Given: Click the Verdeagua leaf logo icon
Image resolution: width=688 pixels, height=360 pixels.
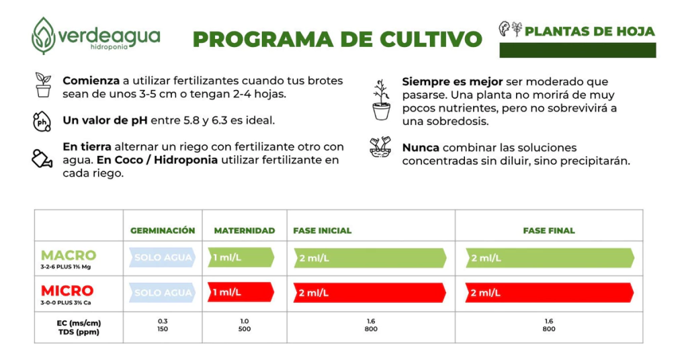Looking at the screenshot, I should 44,35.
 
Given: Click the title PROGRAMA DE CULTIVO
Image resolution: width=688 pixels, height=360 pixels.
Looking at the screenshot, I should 337,39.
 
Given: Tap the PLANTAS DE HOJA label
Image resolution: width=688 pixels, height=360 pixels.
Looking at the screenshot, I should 589,32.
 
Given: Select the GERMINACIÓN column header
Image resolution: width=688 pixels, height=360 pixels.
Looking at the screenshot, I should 163,230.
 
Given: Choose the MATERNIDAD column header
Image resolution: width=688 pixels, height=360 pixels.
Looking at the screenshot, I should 245,230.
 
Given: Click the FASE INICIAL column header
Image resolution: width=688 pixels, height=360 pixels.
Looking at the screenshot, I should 322,230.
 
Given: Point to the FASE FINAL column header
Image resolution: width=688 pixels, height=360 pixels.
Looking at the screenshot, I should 549,230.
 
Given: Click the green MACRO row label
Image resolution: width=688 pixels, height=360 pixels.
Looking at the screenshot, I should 69,255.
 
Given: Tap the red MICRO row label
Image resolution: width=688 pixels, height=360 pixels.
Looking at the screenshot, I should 67,291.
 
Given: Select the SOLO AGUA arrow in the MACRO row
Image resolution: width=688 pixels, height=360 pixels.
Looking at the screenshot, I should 163,257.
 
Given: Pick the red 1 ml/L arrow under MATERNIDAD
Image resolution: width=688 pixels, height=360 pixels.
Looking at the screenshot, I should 241,292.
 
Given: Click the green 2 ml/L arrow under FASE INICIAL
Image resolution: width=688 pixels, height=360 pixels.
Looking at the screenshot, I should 370,258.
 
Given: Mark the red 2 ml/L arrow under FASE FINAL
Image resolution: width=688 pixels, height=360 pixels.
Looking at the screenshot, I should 549,293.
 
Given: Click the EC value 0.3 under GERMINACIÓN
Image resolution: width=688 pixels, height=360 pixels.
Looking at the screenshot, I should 163,321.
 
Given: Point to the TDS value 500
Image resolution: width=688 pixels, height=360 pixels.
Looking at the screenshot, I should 245,329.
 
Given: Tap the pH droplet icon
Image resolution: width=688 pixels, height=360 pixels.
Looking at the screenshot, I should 42,122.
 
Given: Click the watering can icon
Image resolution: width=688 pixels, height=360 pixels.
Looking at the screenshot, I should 42,159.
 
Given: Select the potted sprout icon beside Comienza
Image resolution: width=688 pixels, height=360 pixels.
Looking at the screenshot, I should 43,86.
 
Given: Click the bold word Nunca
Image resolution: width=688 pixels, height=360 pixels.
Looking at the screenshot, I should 421,148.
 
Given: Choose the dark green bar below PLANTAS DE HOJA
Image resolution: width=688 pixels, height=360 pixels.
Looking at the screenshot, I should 578,50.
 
